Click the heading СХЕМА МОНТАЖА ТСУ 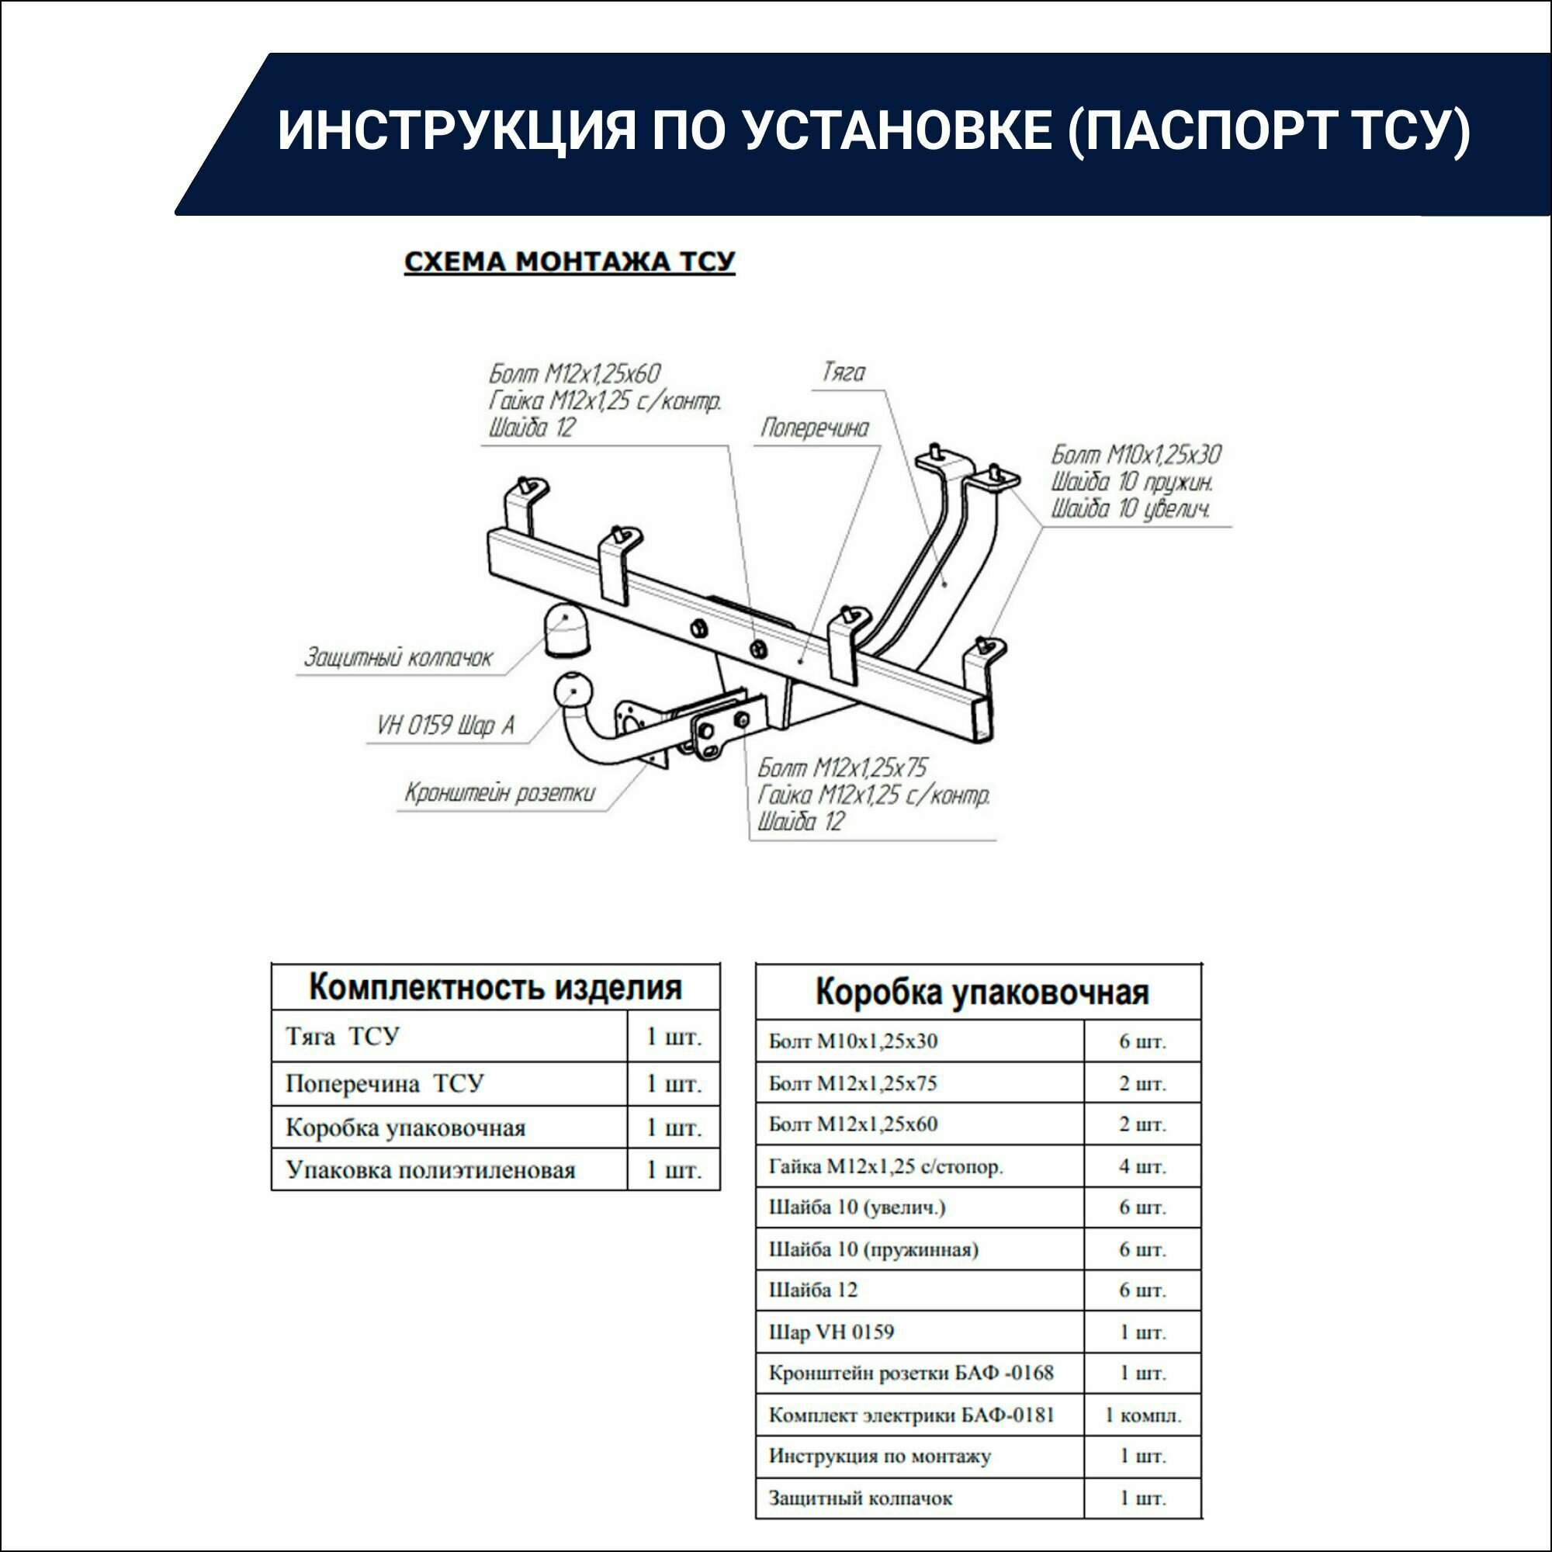[x=569, y=262]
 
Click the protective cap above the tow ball [x=566, y=631]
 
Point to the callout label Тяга [x=843, y=372]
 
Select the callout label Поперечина [x=815, y=428]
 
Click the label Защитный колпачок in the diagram [x=397, y=658]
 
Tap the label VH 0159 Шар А [x=445, y=726]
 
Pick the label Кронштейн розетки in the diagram [x=499, y=793]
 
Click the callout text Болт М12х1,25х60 [x=574, y=373]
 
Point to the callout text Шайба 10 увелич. [x=1129, y=508]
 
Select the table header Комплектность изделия [x=495, y=987]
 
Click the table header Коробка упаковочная [x=982, y=992]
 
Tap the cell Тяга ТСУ [x=342, y=1036]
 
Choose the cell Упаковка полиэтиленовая [x=431, y=1169]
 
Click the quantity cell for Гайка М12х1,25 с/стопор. [x=1141, y=1166]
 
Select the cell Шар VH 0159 [x=830, y=1332]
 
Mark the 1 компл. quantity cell [x=1141, y=1415]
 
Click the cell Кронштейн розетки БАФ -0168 [x=910, y=1373]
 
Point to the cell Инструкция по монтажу [x=880, y=1456]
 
